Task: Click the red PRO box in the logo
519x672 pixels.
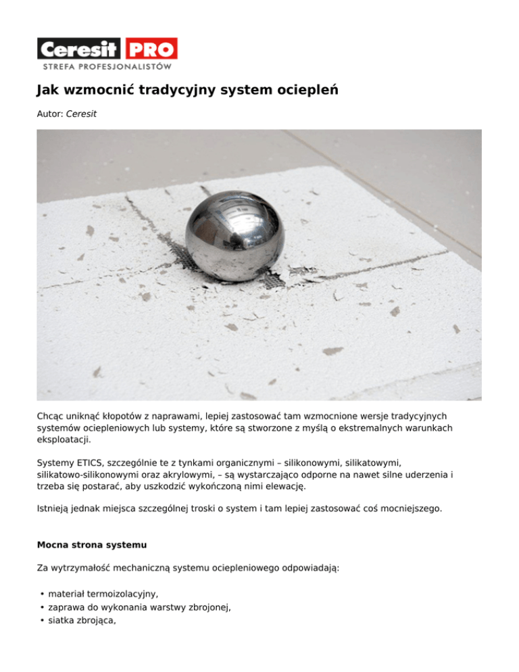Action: tap(150, 49)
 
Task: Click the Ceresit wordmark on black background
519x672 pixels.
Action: tap(79, 49)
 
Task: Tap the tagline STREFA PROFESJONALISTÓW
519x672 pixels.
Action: tap(107, 66)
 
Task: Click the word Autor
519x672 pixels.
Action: tap(50, 114)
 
